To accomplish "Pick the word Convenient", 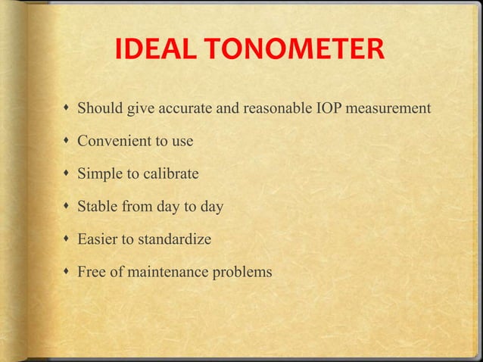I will [111, 141].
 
